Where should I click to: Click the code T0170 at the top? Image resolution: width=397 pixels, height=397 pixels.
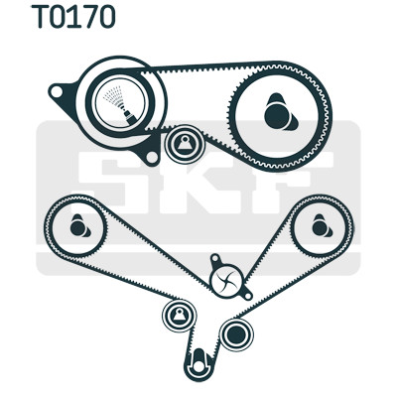pos(73,17)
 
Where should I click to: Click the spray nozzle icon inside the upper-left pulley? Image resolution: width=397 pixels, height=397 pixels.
pos(120,105)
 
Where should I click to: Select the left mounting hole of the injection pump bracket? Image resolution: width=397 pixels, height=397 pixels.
pos(57,91)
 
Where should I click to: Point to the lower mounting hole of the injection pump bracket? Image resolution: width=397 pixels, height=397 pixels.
pos(152,157)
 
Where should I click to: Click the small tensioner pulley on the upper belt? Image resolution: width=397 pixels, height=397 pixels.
pos(185,144)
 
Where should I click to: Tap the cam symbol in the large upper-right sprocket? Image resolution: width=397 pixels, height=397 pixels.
pos(281,112)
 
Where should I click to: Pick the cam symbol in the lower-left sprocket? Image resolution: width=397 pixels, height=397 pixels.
pos(79,226)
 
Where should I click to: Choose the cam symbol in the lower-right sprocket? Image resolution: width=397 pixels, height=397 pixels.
pos(322,226)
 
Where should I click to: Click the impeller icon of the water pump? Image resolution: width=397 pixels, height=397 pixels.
pos(227,282)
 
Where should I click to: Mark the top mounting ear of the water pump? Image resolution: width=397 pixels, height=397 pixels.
pos(215,259)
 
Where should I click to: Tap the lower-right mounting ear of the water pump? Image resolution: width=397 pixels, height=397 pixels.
pos(247,295)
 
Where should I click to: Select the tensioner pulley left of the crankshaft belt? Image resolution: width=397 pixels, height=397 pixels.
pos(179,316)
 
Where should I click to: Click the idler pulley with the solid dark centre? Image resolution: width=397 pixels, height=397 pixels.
pos(236,334)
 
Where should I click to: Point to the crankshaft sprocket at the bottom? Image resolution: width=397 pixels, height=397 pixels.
pos(198,364)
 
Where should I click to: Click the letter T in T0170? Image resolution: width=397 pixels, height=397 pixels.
pos(41,17)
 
